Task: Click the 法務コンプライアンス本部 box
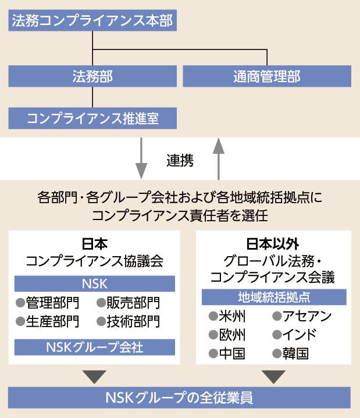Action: tap(92, 22)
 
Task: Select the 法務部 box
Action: tap(92, 76)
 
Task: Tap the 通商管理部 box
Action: tap(267, 76)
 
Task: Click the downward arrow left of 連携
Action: tap(141, 159)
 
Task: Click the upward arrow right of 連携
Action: tap(219, 159)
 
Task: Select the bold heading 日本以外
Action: tap(274, 243)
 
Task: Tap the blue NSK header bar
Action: tap(95, 283)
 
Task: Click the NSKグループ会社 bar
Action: tap(95, 348)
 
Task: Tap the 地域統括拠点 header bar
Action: tap(274, 297)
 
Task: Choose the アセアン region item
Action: tap(301, 317)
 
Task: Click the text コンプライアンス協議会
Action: tap(94, 261)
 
